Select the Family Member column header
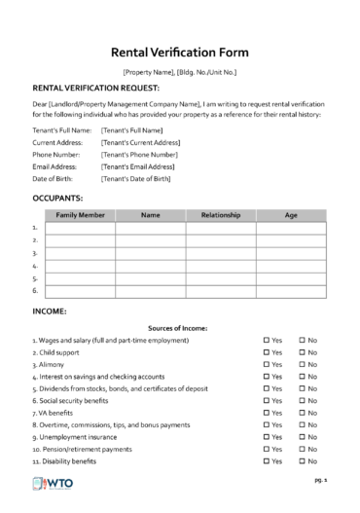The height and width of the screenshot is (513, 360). [81, 215]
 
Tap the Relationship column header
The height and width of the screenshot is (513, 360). [221, 215]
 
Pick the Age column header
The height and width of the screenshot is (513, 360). [291, 215]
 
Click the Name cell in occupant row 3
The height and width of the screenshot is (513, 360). [151, 253]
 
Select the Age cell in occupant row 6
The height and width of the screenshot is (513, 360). [291, 290]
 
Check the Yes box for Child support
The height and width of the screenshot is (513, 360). [267, 352]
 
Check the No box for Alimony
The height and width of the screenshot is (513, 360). [303, 364]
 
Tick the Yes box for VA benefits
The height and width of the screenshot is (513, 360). [267, 413]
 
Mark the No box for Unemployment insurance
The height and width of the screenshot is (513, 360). [303, 437]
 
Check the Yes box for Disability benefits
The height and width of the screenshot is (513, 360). [267, 461]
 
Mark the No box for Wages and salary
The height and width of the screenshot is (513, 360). [303, 340]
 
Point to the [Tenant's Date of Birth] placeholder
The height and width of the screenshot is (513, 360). [135, 179]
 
